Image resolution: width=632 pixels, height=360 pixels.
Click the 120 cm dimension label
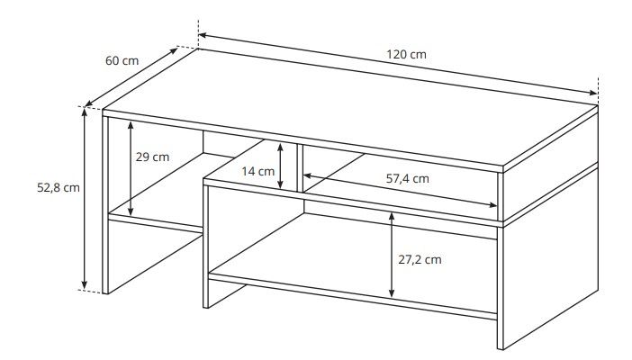coord(406,54)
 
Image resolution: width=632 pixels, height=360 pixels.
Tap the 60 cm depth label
coord(122,61)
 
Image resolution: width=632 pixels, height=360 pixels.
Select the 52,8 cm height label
coord(59,188)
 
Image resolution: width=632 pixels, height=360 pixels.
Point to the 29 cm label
coord(152,157)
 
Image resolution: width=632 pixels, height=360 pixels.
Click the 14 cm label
coord(258,171)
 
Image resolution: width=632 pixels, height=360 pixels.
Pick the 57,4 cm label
coord(408,178)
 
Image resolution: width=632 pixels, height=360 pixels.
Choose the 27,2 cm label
coord(420,259)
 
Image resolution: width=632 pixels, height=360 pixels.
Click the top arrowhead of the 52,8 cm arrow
coord(85,112)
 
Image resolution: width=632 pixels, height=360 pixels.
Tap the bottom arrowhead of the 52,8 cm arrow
coord(85,285)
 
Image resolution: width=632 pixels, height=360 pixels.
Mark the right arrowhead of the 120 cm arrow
coord(592,93)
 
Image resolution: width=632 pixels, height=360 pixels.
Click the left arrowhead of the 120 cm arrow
coord(203,35)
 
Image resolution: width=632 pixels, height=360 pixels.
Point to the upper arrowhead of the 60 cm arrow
coord(174,50)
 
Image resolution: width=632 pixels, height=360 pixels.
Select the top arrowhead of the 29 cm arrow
coord(131,125)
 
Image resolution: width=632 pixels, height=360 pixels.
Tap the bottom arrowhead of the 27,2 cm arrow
coord(392,293)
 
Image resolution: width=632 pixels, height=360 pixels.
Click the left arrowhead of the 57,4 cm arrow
coord(308,175)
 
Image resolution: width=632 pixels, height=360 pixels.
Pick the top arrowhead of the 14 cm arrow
coord(281,148)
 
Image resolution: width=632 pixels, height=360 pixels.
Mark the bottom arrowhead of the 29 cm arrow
coord(131,211)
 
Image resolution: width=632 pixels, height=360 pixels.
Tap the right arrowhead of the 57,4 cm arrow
coord(492,205)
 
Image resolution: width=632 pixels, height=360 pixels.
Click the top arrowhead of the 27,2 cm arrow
coord(392,218)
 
